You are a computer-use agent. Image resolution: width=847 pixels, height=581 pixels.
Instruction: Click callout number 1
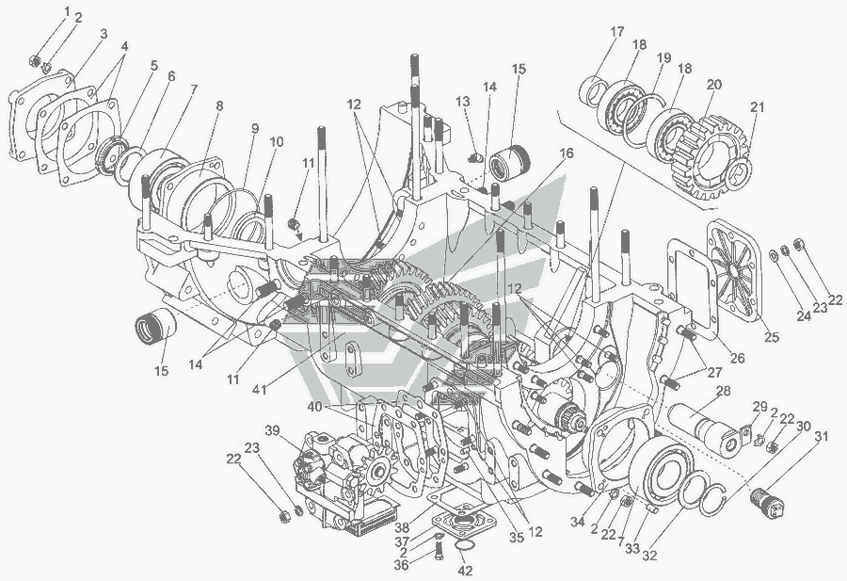pyautogui.click(x=67, y=10)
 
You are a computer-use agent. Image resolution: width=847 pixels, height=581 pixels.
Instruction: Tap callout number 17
pyautogui.click(x=616, y=32)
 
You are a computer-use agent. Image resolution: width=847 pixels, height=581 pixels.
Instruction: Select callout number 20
pyautogui.click(x=714, y=85)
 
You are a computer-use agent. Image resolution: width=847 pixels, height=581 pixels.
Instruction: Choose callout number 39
pyautogui.click(x=273, y=430)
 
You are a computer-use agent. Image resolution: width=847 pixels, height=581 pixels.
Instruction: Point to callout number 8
pyautogui.click(x=218, y=106)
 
